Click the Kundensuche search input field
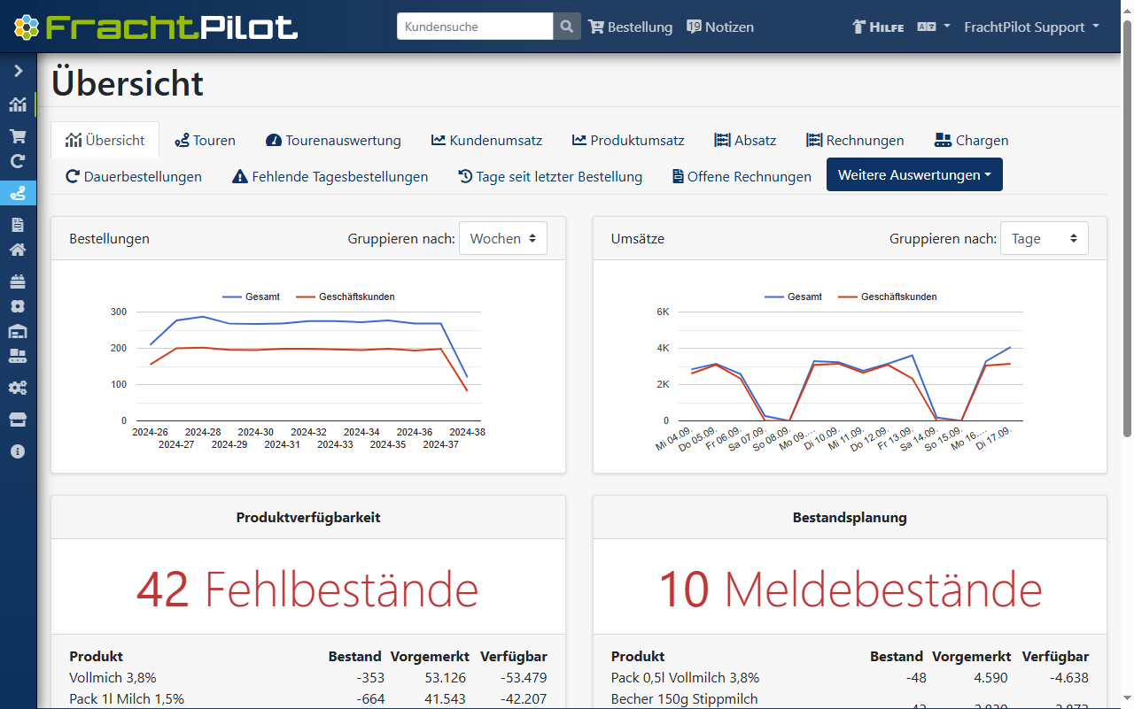click(475, 27)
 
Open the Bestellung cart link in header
click(630, 27)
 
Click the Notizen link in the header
click(720, 27)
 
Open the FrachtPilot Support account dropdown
click(1031, 27)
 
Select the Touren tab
click(205, 140)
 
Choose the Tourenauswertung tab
click(333, 140)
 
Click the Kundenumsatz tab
click(486, 140)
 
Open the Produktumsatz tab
click(628, 140)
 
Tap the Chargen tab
click(971, 140)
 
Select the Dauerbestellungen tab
click(134, 176)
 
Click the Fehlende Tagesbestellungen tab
click(330, 176)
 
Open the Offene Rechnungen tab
click(742, 176)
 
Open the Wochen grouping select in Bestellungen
click(502, 238)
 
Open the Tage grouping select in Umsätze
click(1044, 238)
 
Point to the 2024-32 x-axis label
click(308, 432)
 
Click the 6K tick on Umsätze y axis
click(663, 312)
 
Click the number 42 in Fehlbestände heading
click(163, 589)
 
